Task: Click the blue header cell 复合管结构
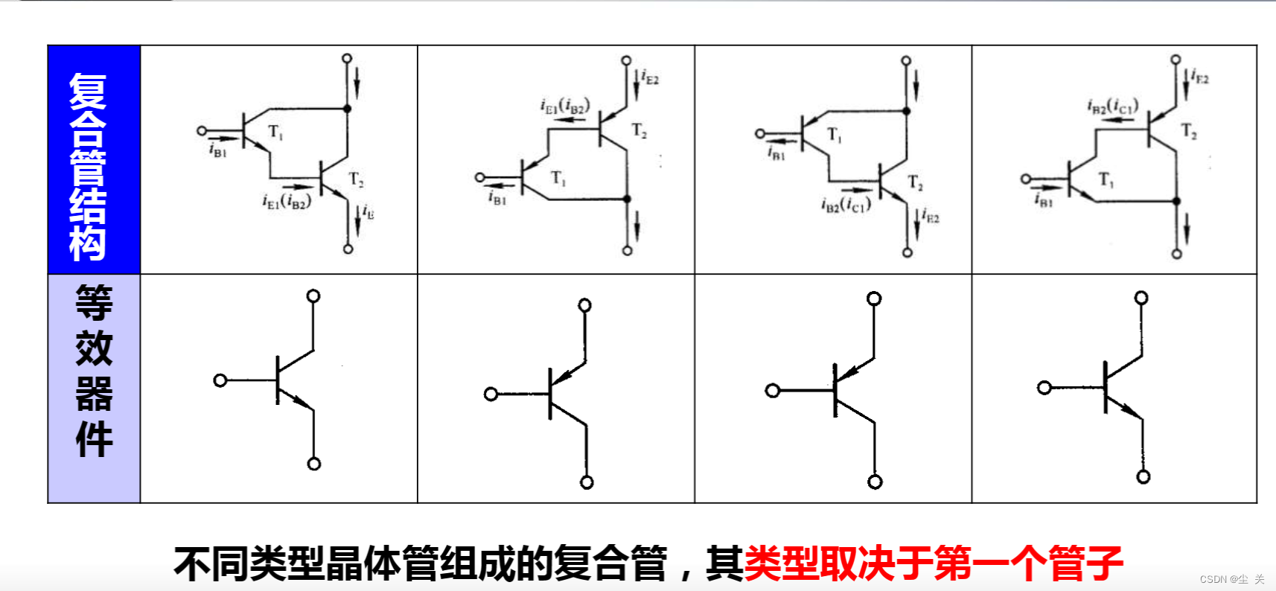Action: (x=94, y=159)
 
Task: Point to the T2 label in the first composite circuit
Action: (x=357, y=179)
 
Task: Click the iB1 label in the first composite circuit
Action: (x=217, y=150)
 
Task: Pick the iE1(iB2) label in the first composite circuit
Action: (x=286, y=201)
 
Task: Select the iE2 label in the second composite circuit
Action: (x=650, y=77)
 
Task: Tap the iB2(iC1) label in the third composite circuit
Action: (x=845, y=205)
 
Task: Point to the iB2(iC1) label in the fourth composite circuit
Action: (x=1112, y=106)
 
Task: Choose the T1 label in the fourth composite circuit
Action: (x=1106, y=180)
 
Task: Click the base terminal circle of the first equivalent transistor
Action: (x=220, y=380)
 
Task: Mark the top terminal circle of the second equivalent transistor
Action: (x=585, y=305)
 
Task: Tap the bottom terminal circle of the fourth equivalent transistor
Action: (x=1143, y=477)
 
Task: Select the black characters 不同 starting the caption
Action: (x=211, y=563)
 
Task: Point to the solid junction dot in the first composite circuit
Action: (x=347, y=109)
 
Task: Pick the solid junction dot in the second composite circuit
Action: (x=627, y=199)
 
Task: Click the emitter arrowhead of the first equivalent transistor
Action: (x=304, y=403)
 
